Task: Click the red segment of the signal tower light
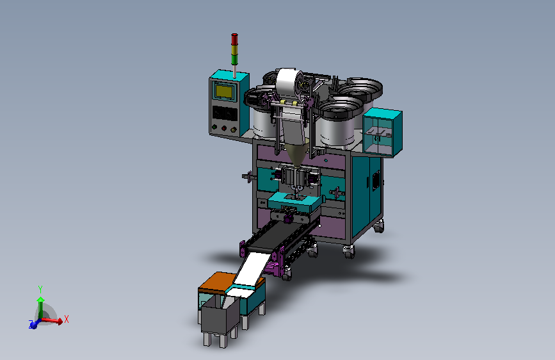pos(234,39)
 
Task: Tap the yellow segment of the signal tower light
pos(234,49)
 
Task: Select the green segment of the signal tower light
pos(234,60)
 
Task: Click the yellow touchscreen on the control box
pos(223,92)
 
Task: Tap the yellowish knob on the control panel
pos(233,129)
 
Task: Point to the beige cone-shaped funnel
pos(296,153)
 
